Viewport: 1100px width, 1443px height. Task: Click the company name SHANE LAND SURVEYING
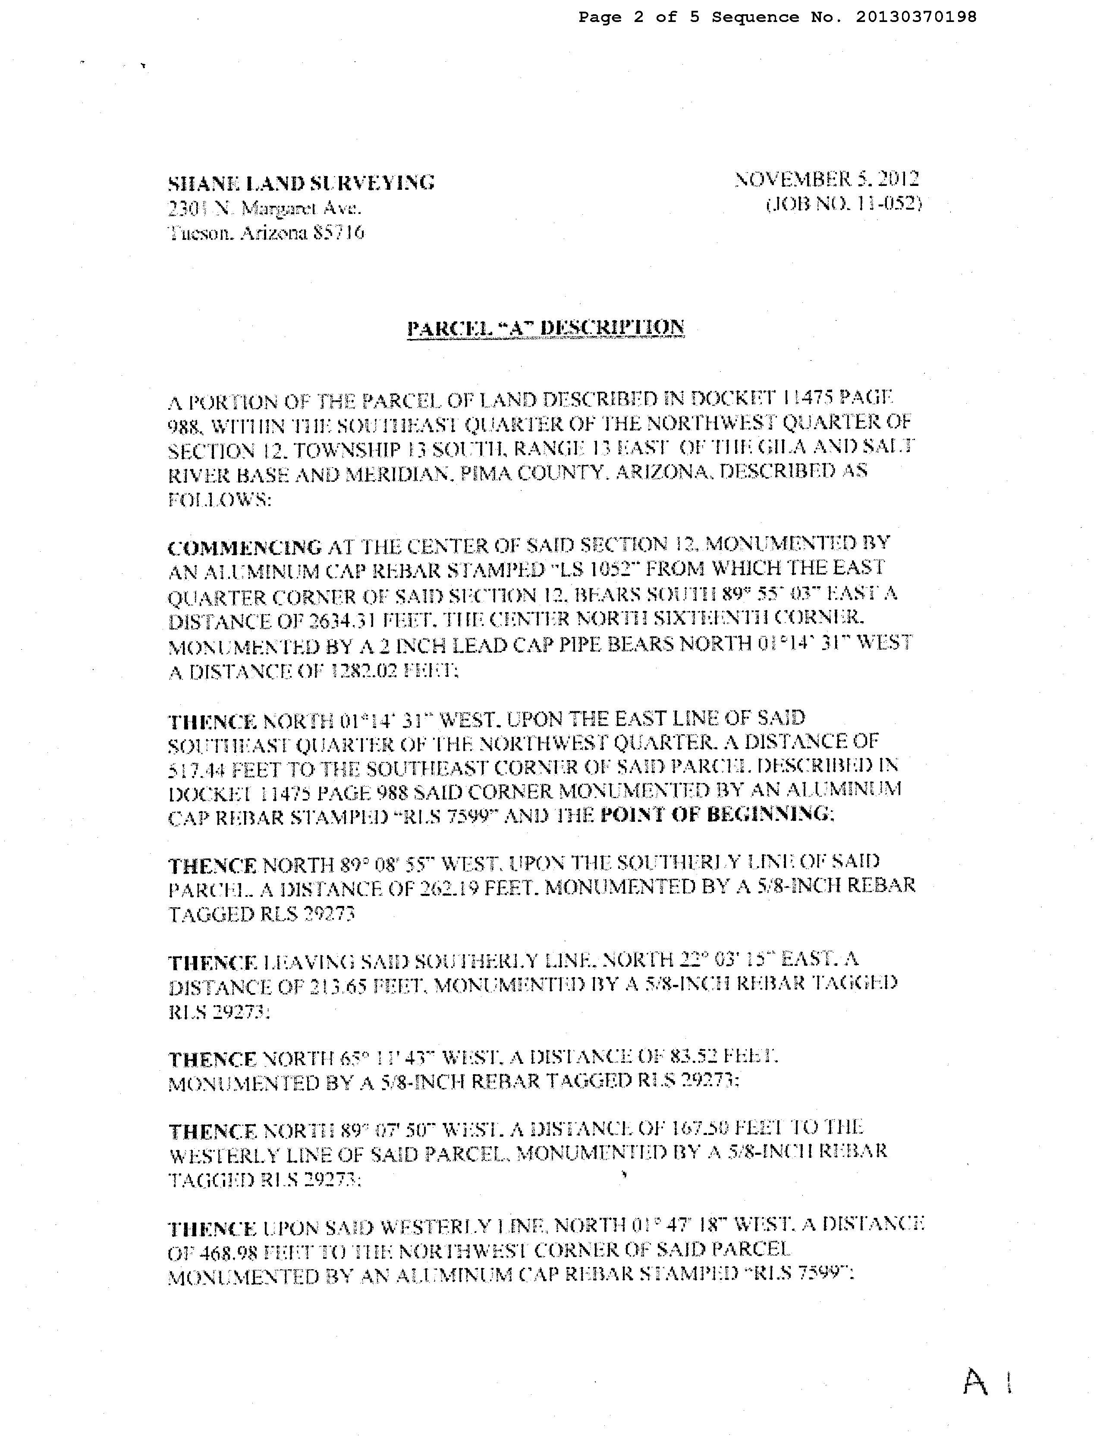point(301,183)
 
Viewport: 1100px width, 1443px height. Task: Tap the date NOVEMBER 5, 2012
point(827,179)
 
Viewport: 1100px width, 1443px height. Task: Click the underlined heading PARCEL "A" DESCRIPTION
point(545,327)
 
